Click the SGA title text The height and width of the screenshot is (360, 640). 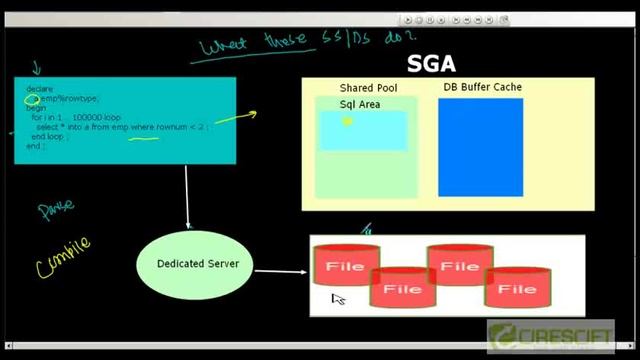(432, 65)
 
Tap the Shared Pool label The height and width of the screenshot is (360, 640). (368, 89)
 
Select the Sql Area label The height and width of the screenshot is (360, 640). (360, 104)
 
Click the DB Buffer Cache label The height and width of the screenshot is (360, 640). (482, 88)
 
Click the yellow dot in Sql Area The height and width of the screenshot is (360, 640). (347, 122)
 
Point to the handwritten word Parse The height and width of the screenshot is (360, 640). (56, 210)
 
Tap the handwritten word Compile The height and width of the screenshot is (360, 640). (62, 256)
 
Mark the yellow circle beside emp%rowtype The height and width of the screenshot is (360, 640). (32, 99)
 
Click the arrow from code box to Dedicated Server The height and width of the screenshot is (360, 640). (187, 195)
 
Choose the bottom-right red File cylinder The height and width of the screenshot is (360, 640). (517, 289)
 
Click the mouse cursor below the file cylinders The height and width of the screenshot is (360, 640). (337, 298)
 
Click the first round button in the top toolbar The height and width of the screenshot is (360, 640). (410, 19)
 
